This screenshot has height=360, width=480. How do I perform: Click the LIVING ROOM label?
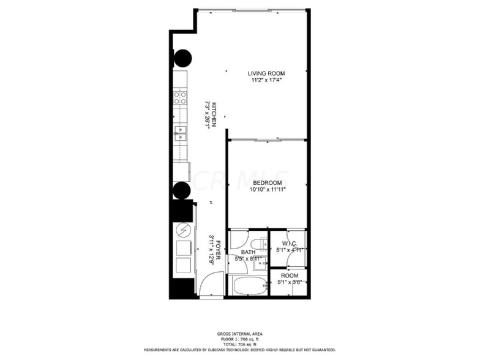(x=266, y=73)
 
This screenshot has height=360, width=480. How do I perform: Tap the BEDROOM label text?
(x=267, y=183)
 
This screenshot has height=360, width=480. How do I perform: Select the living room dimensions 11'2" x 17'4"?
(x=268, y=80)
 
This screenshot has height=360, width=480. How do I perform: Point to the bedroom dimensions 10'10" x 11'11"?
(x=268, y=190)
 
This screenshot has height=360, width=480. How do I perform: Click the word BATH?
(x=248, y=252)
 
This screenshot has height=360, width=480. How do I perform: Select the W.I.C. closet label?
(x=289, y=243)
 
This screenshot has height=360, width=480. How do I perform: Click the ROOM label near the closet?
(x=290, y=276)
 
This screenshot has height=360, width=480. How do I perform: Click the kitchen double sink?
(x=180, y=133)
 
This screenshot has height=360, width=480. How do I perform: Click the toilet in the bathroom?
(x=260, y=244)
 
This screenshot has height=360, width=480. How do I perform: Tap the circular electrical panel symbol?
(x=183, y=230)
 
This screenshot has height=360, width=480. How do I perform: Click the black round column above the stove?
(x=182, y=59)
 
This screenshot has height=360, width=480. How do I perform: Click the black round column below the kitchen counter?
(x=182, y=190)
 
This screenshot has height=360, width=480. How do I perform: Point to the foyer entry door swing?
(x=210, y=285)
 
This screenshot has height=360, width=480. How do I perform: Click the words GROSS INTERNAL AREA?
(x=239, y=334)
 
